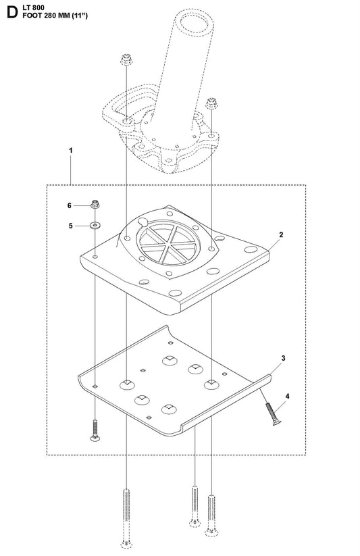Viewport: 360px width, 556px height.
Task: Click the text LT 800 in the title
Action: tap(33, 7)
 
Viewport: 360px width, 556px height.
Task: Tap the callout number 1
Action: tap(70, 151)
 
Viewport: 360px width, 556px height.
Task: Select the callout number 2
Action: tap(281, 234)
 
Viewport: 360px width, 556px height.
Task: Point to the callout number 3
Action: tap(283, 358)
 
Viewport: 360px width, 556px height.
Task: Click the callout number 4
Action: tap(287, 396)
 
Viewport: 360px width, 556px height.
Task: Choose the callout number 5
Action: tap(70, 226)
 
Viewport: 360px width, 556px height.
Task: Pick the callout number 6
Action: tap(70, 205)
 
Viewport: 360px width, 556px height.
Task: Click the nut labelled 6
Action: tap(95, 204)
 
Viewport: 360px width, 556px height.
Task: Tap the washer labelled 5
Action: tap(95, 225)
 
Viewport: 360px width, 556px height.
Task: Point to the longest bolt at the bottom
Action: tap(126, 518)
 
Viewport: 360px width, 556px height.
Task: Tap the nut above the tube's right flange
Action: tap(211, 103)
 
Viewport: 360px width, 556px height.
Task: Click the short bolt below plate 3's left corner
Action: tap(95, 430)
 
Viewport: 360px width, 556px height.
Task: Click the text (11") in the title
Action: tap(79, 16)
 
